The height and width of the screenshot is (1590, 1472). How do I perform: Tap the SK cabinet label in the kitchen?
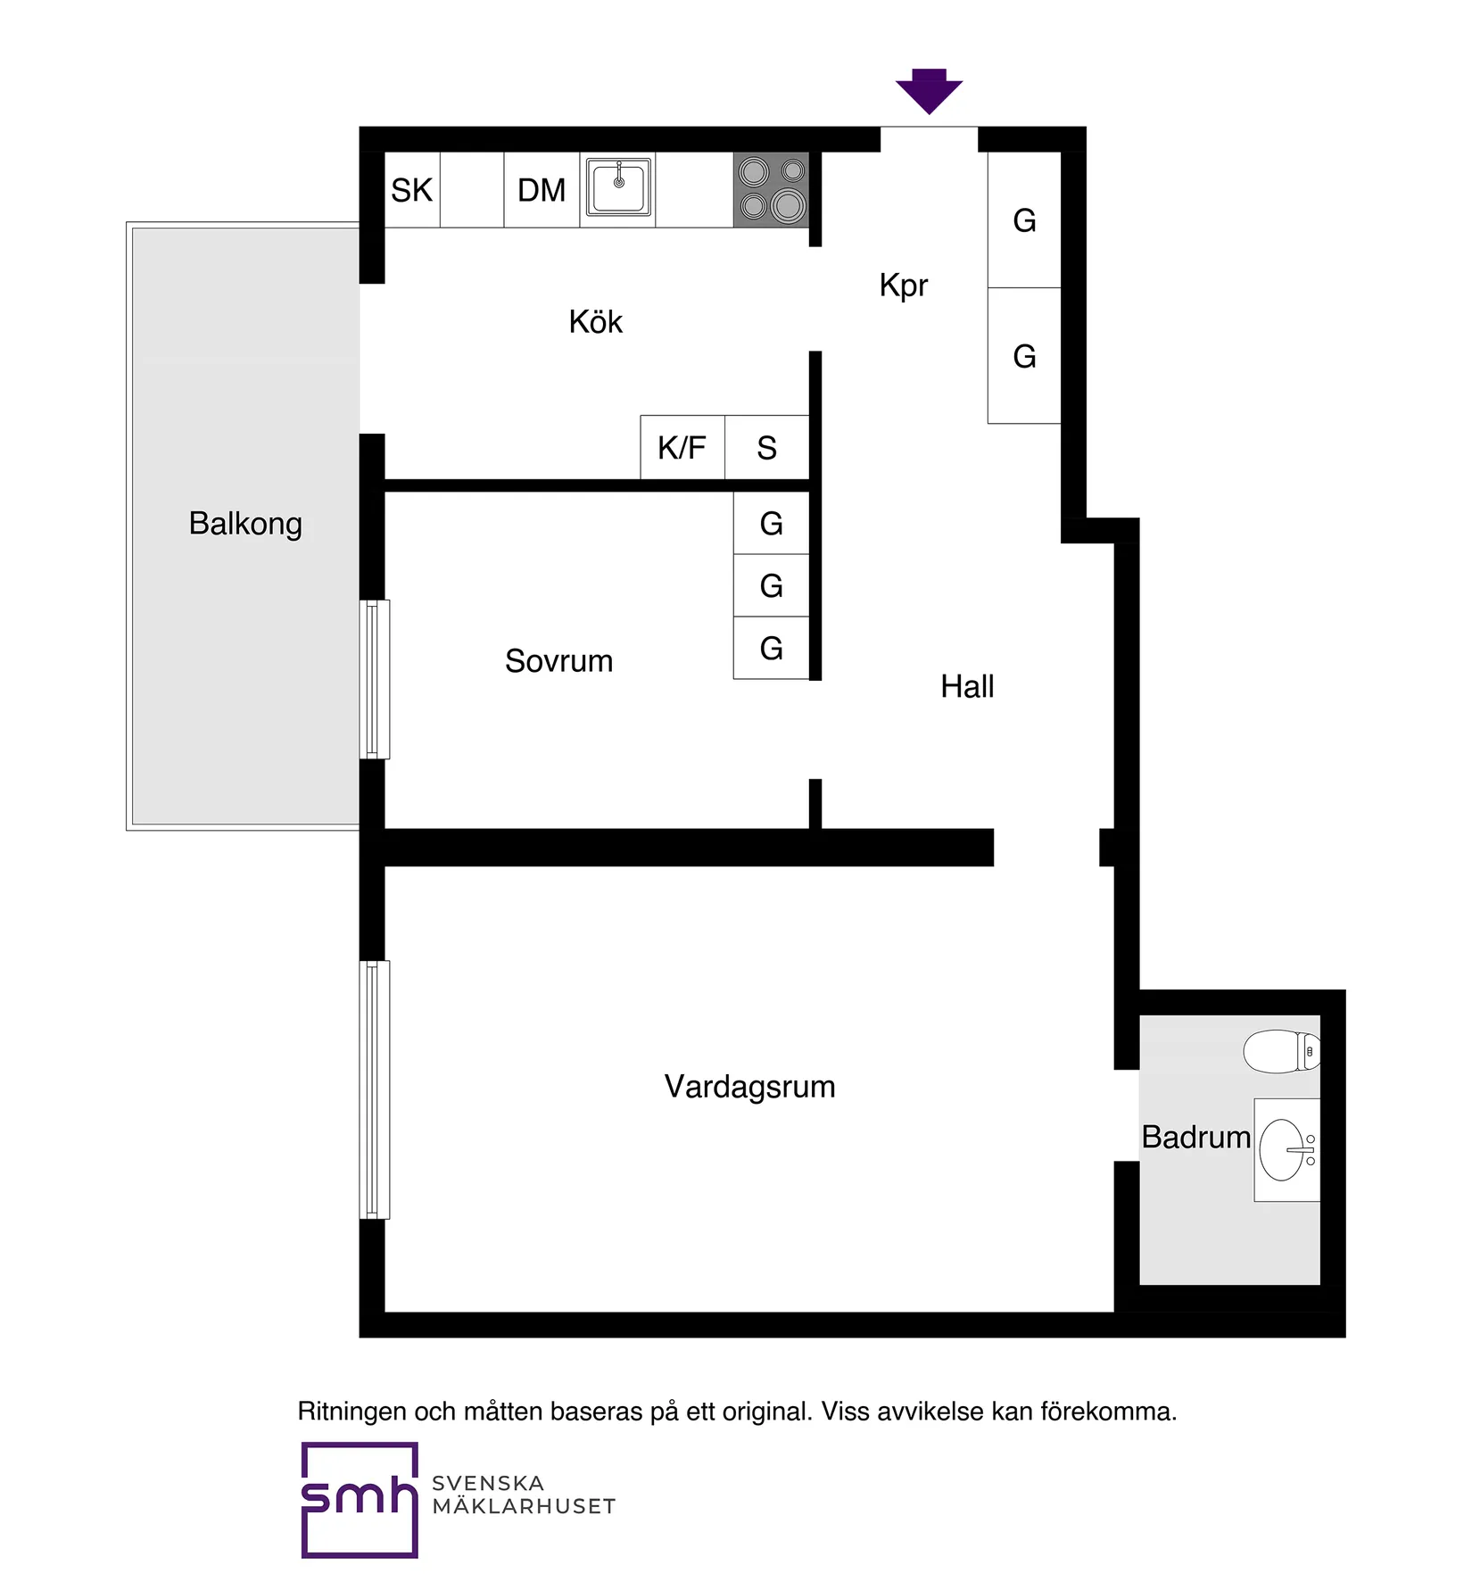(411, 190)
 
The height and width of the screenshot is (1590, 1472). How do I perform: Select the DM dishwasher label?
(542, 190)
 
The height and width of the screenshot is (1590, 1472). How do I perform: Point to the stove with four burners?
(772, 189)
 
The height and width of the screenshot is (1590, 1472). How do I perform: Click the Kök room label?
(595, 322)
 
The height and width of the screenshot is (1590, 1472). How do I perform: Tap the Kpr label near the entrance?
(903, 286)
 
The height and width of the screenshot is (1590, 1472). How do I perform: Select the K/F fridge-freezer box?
(682, 447)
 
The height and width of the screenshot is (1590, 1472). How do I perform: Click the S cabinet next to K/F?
(767, 447)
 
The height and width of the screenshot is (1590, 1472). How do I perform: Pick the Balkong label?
(245, 524)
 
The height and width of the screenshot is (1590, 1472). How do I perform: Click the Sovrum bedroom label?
(558, 661)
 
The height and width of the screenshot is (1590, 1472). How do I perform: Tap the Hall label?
(967, 687)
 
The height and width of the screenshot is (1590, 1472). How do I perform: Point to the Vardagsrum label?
(749, 1087)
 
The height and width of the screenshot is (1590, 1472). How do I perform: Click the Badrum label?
(1195, 1138)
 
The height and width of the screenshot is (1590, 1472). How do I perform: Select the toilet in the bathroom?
(1281, 1051)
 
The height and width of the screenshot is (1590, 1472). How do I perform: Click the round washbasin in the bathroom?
(1282, 1150)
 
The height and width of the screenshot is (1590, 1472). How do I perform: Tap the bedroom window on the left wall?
(375, 679)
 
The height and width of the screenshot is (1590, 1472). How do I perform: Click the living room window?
(375, 1089)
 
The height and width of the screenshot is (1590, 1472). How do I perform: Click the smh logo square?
(360, 1500)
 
